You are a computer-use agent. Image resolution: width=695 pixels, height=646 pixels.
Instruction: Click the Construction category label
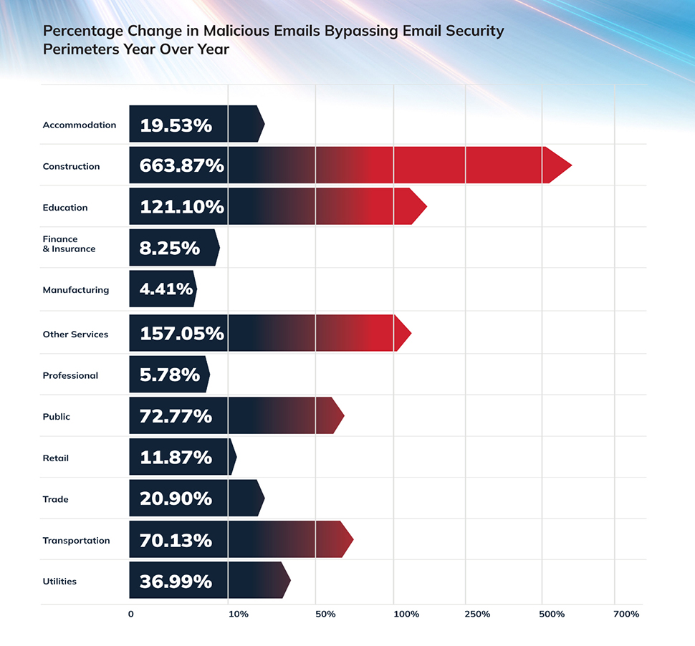71,166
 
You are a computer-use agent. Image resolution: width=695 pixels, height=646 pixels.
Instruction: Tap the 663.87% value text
182,166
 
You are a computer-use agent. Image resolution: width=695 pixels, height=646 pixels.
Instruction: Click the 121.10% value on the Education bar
182,208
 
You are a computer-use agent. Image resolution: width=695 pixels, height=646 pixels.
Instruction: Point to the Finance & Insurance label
69,244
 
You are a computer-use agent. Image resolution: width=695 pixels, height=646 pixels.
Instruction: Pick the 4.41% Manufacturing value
166,289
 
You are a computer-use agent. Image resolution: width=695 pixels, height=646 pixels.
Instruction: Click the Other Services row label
75,334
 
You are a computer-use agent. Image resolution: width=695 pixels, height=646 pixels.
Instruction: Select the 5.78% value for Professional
170,375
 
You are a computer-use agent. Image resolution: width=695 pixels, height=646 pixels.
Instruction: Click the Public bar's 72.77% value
176,416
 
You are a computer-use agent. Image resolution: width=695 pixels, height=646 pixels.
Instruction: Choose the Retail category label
56,458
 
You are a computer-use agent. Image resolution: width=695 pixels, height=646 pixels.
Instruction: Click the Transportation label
76,541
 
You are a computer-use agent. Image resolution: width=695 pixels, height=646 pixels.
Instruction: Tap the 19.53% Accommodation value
176,125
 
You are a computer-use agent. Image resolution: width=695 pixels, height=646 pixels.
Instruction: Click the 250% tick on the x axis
477,614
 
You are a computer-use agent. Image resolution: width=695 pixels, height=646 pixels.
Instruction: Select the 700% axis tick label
626,614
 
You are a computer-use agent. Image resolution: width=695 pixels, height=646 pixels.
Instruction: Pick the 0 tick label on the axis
130,614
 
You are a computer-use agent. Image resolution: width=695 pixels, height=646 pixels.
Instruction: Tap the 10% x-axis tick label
239,614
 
